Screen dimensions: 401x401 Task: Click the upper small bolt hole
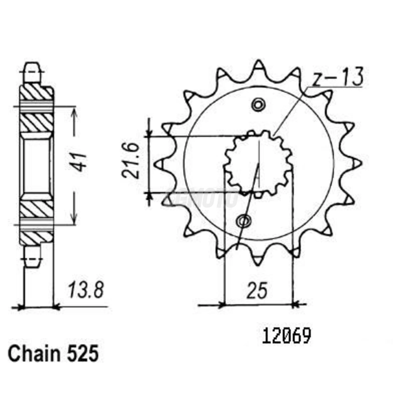258,105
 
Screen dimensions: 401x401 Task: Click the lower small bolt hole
244,221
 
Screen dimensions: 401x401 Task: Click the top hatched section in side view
36,92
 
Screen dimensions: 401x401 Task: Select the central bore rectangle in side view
36,166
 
